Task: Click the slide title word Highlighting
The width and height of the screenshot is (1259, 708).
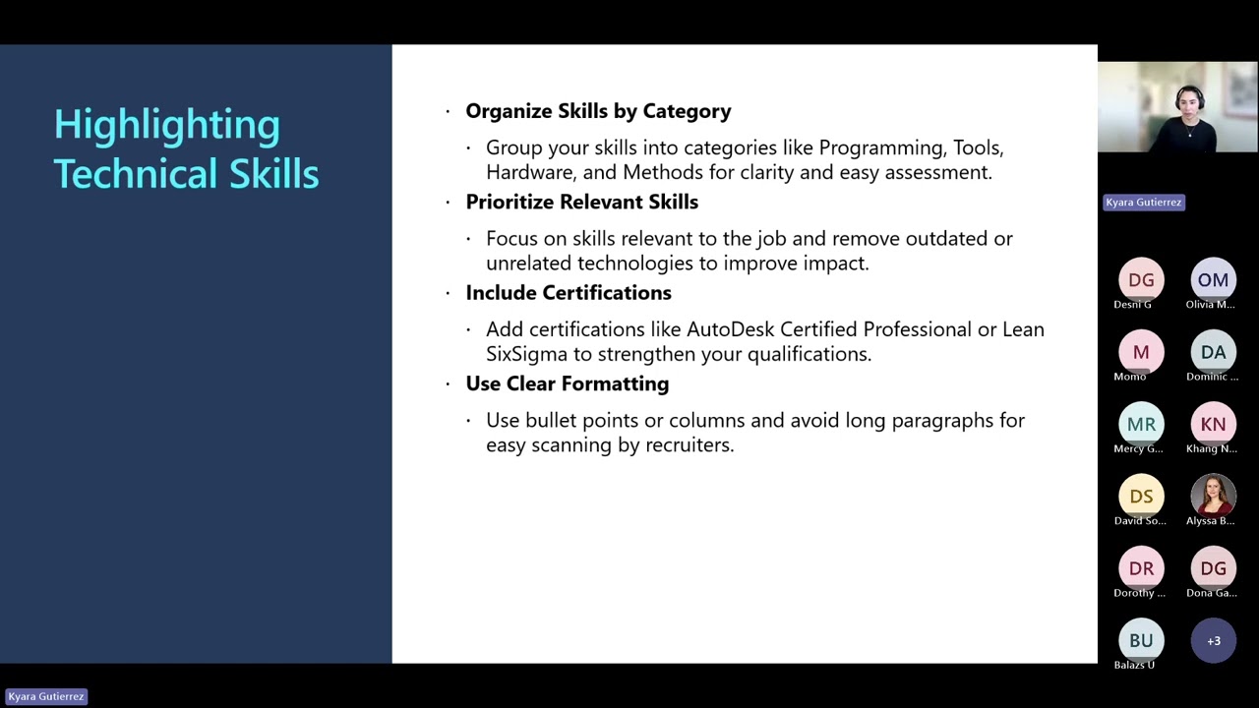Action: click(x=166, y=125)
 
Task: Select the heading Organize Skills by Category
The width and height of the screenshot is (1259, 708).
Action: click(x=598, y=111)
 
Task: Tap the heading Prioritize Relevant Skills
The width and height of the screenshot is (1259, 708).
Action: click(x=581, y=202)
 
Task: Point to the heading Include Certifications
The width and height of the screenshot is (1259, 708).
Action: click(x=568, y=293)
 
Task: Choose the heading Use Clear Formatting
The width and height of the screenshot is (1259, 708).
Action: click(x=567, y=383)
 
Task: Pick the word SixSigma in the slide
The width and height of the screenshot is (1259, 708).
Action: click(x=526, y=354)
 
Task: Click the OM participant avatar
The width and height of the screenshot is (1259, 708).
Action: click(x=1213, y=280)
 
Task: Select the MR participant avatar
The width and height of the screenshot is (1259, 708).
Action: click(x=1141, y=425)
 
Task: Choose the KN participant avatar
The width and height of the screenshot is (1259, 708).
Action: click(x=1213, y=425)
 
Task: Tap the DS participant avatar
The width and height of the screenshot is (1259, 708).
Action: click(x=1141, y=497)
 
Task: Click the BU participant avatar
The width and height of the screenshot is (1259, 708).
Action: click(x=1141, y=641)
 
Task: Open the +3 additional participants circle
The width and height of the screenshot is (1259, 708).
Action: click(x=1213, y=641)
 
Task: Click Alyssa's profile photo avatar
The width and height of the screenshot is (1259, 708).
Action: click(x=1213, y=497)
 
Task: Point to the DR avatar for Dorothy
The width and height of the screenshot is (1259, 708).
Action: click(x=1141, y=568)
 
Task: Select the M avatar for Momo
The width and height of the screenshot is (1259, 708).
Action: click(x=1141, y=352)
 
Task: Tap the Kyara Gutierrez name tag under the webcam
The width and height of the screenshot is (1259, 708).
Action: click(x=1143, y=203)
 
